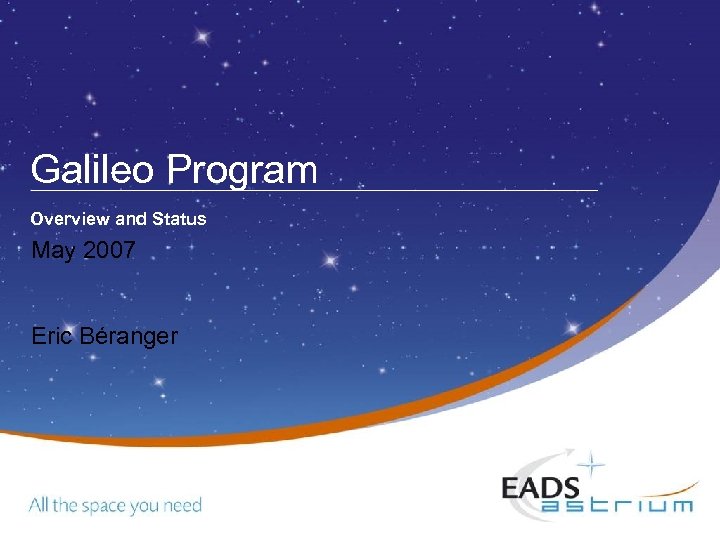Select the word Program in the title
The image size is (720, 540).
tap(241, 171)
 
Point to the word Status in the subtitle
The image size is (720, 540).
tap(180, 218)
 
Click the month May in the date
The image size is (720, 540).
tap(54, 252)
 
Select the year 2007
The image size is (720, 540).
tap(110, 251)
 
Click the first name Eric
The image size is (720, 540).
tap(52, 336)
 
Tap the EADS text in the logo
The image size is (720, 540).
tap(540, 487)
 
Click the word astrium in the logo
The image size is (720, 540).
tap(617, 505)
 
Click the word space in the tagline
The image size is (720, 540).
tap(106, 506)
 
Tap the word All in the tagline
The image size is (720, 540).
tap(38, 505)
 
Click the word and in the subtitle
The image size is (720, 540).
tap(131, 218)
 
